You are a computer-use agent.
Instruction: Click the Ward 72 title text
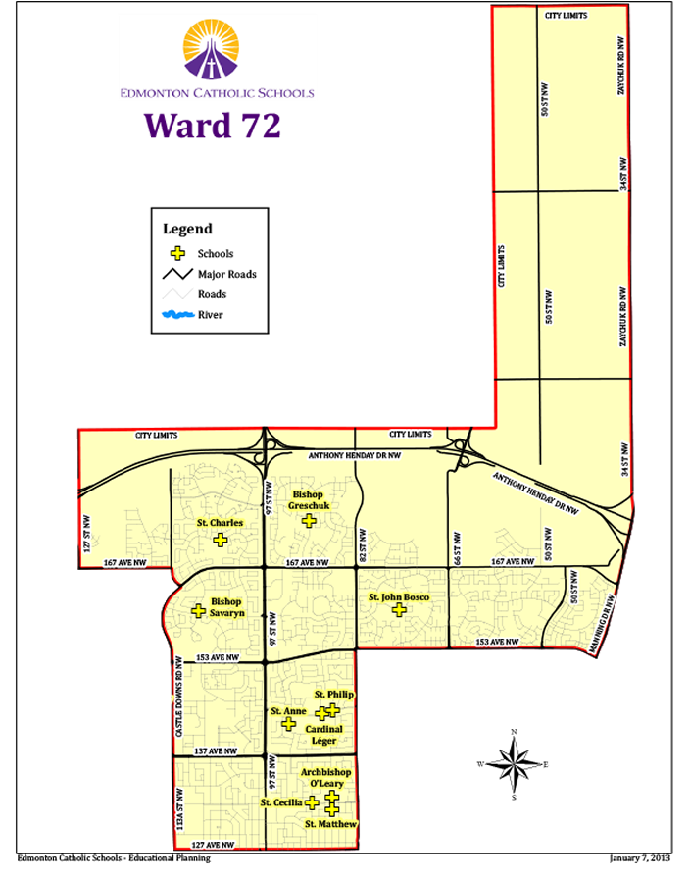click(213, 125)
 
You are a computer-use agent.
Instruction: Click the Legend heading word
click(187, 229)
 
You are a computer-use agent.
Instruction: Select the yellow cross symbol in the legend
click(178, 254)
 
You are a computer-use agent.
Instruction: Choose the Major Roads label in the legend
click(226, 275)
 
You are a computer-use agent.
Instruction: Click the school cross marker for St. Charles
click(221, 540)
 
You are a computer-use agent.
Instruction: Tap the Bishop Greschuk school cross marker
click(310, 521)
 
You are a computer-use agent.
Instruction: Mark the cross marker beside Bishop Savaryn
click(198, 610)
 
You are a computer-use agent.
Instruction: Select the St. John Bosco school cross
click(399, 610)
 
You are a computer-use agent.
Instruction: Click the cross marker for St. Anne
click(288, 724)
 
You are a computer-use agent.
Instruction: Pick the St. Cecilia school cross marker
click(312, 802)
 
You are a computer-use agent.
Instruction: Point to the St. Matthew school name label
click(330, 824)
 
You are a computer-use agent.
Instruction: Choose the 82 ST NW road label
click(362, 545)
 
